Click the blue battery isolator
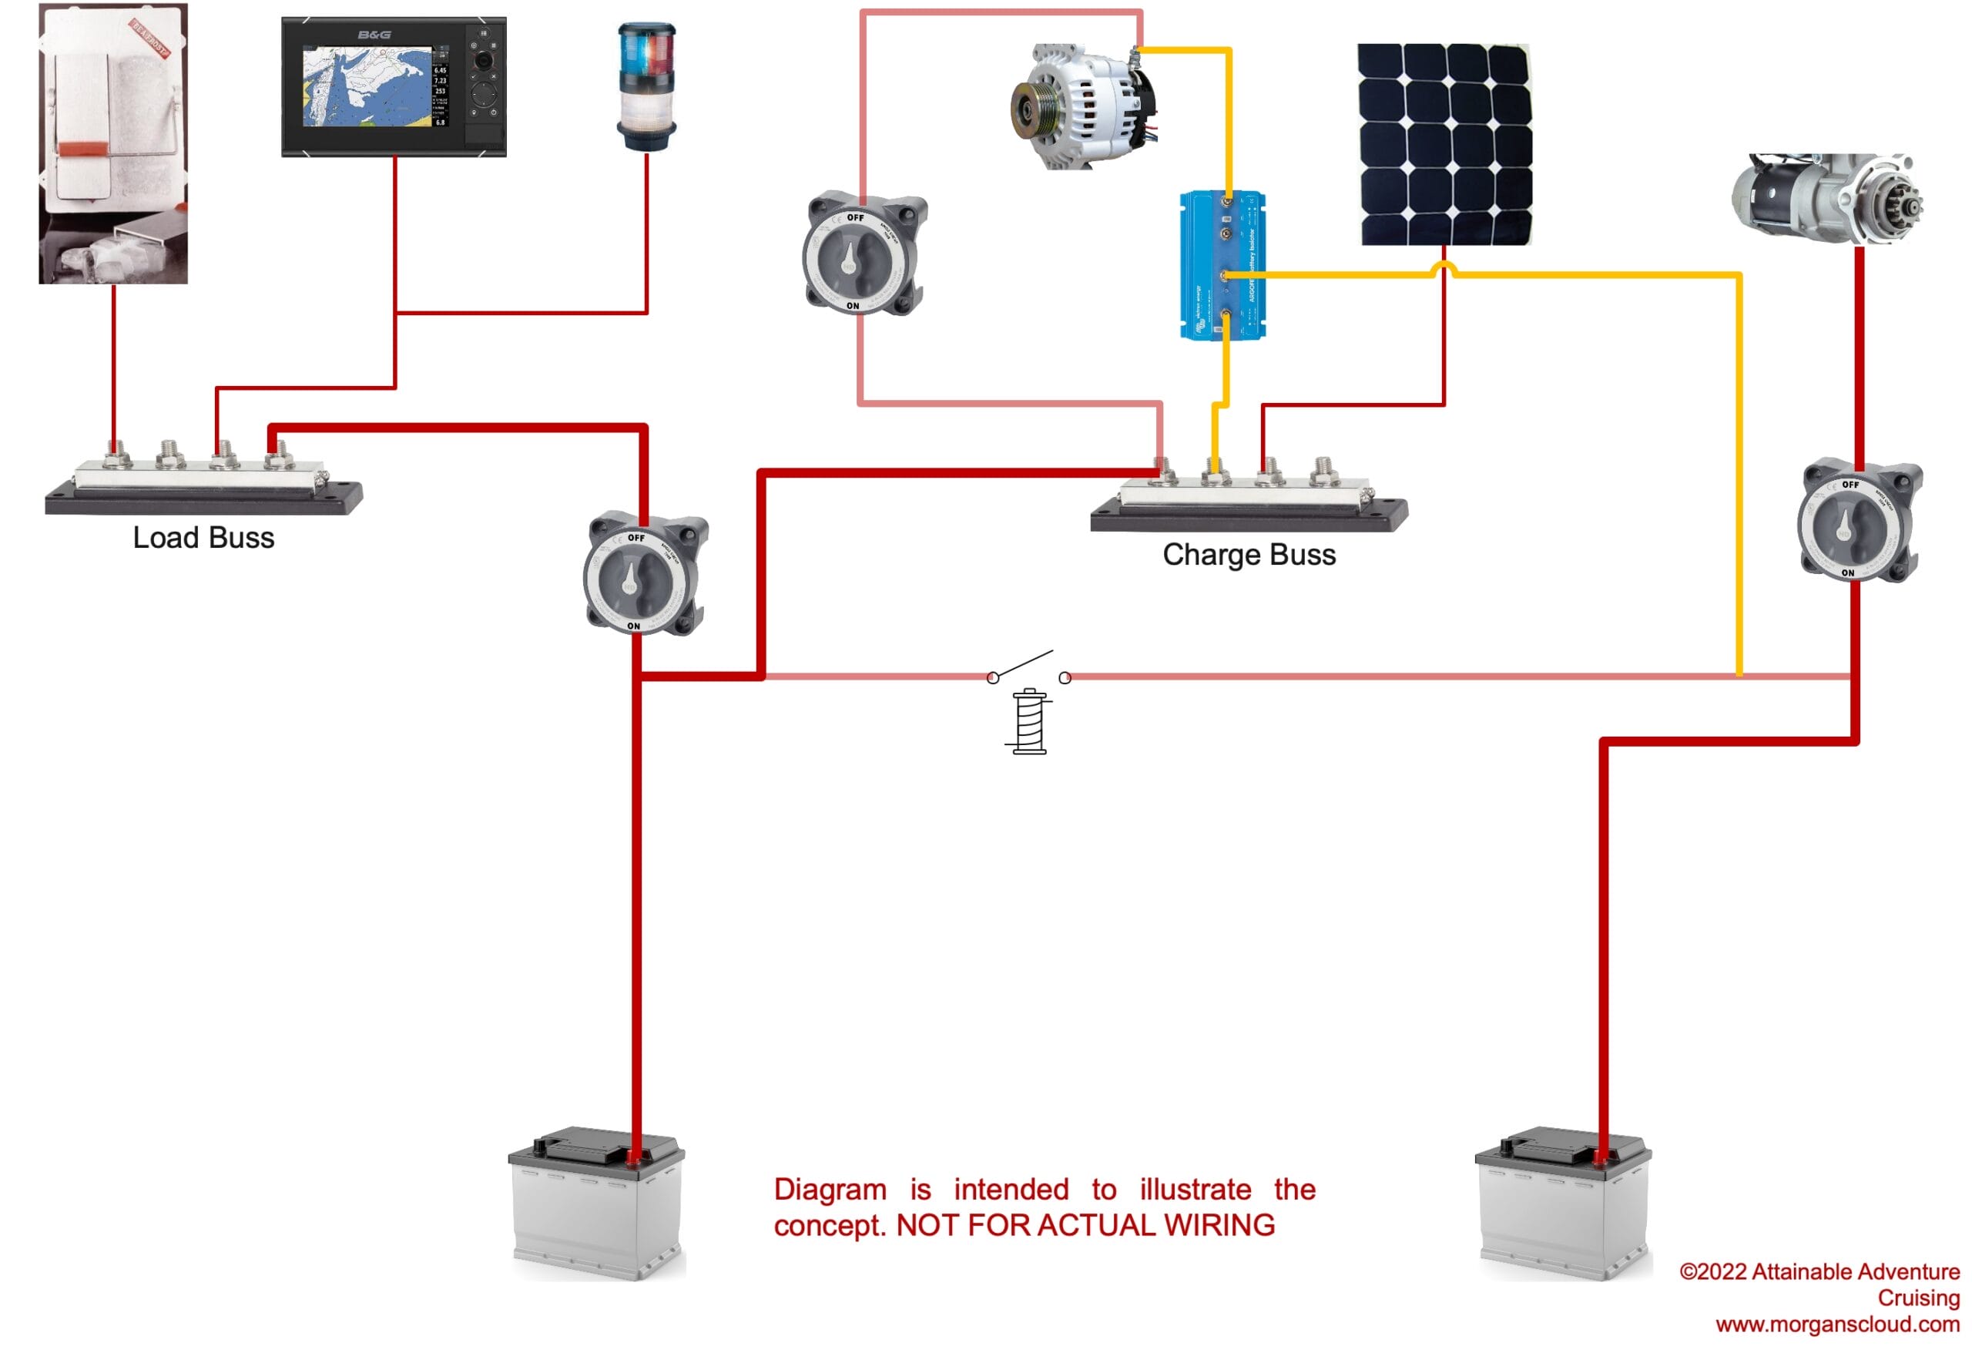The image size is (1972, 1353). point(1222,265)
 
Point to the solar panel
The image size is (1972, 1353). point(1444,144)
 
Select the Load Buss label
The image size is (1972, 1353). point(203,538)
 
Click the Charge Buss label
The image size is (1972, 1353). point(1248,555)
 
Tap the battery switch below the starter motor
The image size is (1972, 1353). point(1858,521)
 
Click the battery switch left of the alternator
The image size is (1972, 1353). point(864,253)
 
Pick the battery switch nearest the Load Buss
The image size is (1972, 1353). point(645,574)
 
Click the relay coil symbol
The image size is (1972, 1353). point(1029,721)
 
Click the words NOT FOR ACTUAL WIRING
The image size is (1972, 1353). point(1085,1226)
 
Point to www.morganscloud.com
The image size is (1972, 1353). point(1837,1325)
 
